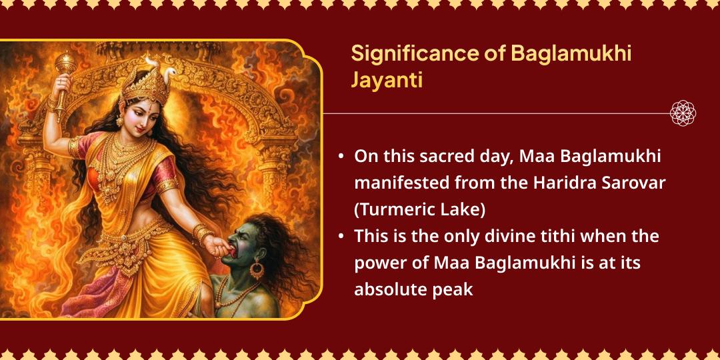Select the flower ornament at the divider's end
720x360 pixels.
click(x=683, y=113)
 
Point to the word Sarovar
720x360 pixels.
click(x=633, y=183)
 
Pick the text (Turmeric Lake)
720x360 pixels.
click(x=419, y=209)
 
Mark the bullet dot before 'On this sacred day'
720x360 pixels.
click(x=341, y=157)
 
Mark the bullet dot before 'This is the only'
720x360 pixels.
click(x=341, y=237)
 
